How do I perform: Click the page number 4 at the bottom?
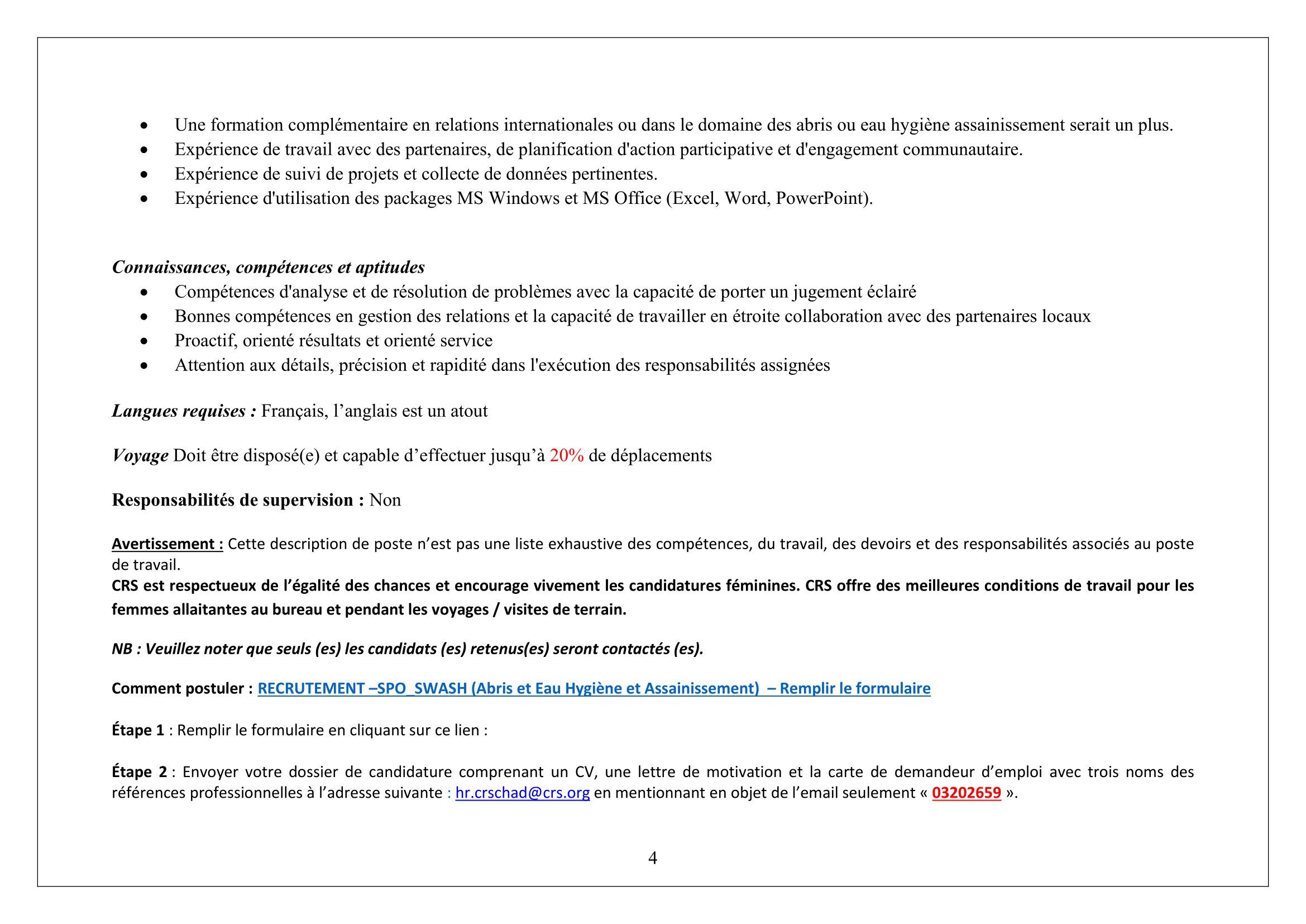652,858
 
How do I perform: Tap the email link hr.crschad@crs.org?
522,793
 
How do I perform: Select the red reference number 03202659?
966,793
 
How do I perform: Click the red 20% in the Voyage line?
567,456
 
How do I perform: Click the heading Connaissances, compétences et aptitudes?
268,268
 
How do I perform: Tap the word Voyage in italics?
140,456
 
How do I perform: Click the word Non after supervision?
385,500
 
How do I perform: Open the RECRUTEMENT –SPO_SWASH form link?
594,688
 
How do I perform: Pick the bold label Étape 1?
138,730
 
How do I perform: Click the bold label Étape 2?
140,772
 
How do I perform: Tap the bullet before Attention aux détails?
144,365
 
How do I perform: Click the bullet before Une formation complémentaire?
144,125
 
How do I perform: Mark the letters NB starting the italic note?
122,649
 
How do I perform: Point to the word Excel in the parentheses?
693,198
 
